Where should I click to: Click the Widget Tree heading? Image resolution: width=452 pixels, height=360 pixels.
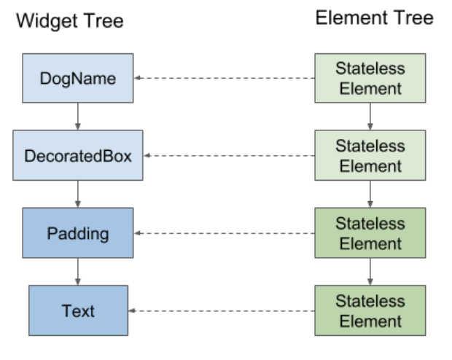pos(69,21)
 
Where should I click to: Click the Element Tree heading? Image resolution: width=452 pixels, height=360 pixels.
pos(374,18)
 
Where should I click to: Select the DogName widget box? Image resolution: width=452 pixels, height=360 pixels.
pos(78,78)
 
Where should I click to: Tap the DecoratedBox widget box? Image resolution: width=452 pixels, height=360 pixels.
pos(78,155)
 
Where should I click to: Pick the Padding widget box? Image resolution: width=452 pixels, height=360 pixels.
pos(78,233)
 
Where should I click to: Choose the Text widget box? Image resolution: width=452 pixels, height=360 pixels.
pos(78,310)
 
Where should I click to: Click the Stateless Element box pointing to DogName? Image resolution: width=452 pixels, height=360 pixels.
pos(370,78)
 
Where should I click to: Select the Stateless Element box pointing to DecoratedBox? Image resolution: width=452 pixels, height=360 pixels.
pos(370,155)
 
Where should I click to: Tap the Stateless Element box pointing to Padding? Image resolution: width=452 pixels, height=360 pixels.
pos(370,233)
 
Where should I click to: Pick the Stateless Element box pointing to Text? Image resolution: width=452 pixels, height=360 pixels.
pos(370,310)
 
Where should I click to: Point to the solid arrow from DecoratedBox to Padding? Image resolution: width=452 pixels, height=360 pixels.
pos(78,194)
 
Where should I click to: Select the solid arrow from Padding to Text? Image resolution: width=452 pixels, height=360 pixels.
pos(78,271)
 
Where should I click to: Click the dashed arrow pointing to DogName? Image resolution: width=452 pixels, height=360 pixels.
pos(225,78)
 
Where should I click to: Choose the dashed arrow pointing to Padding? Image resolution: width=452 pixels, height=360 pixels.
pos(225,233)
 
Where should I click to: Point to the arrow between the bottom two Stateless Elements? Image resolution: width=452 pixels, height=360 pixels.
pos(370,271)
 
